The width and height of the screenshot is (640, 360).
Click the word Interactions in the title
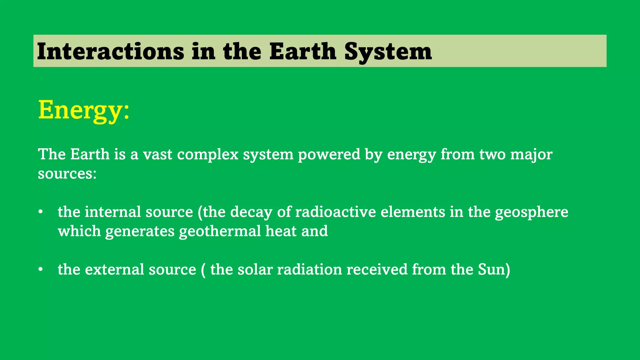(x=110, y=51)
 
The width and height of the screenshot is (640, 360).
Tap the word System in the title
(x=388, y=51)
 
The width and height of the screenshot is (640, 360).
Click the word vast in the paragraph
(x=157, y=154)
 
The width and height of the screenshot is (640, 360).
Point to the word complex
(x=208, y=154)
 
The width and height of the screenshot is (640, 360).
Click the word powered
(x=329, y=154)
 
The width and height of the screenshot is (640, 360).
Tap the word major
(x=531, y=154)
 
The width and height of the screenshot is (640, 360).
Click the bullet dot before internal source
(x=40, y=212)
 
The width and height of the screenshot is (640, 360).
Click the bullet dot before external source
(x=40, y=270)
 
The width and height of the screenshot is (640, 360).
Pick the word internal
(x=113, y=212)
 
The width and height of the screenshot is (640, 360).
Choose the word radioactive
(x=335, y=212)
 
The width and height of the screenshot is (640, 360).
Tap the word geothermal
(x=220, y=231)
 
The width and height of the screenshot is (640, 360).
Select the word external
(x=114, y=270)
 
